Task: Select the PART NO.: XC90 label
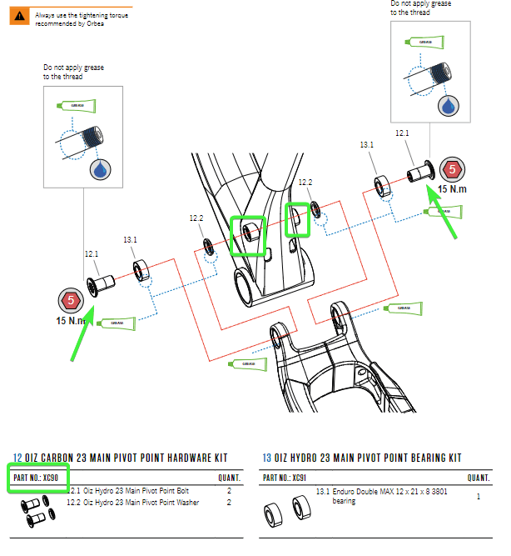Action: click(x=36, y=478)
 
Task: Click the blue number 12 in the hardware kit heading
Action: click(x=17, y=458)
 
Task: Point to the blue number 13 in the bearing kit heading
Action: click(x=266, y=458)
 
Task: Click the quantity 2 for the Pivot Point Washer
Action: click(x=229, y=502)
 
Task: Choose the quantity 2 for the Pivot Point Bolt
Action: click(x=229, y=492)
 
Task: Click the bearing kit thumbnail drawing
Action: click(x=286, y=508)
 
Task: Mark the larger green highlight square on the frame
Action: click(x=247, y=236)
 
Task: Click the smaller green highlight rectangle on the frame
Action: click(x=296, y=220)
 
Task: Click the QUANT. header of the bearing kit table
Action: click(x=477, y=478)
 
